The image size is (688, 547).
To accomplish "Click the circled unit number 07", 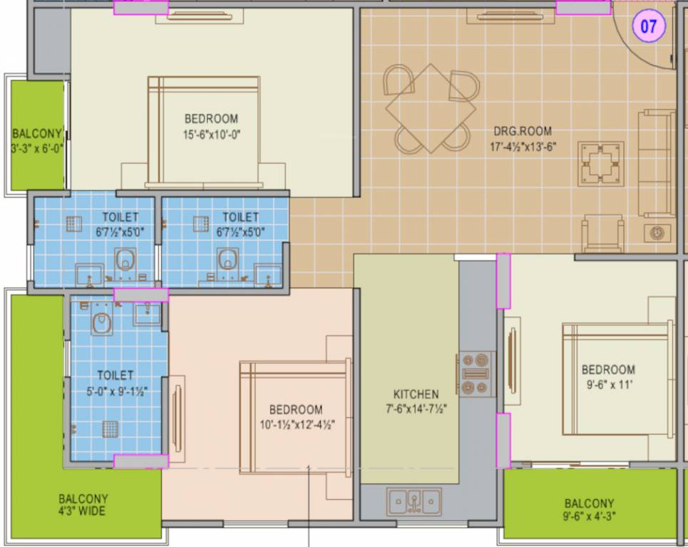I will pos(649,27).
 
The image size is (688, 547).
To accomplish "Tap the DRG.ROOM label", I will pos(523,132).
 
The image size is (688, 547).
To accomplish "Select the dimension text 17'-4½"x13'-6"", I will pos(522,147).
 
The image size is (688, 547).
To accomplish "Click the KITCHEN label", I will pos(416,394).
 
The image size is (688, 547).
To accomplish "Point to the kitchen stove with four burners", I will pos(475,373).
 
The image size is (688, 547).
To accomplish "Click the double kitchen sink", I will pos(414,501).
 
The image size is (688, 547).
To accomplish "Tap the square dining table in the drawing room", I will pos(431,108).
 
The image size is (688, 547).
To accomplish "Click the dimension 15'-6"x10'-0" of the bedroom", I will pos(211,133).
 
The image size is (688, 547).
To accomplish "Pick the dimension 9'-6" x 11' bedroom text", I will pos(607,385).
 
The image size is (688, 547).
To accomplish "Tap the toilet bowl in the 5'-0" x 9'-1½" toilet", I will pos(102,322).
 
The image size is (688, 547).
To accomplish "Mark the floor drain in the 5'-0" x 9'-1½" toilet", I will pos(109,428).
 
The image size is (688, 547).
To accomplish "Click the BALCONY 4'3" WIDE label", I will pos(83,505).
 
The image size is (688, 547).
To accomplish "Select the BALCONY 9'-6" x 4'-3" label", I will pos(589,510).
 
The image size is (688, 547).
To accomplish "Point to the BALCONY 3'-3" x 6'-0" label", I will pos(37,141).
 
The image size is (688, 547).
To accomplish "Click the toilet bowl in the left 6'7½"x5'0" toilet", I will pos(125,259).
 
